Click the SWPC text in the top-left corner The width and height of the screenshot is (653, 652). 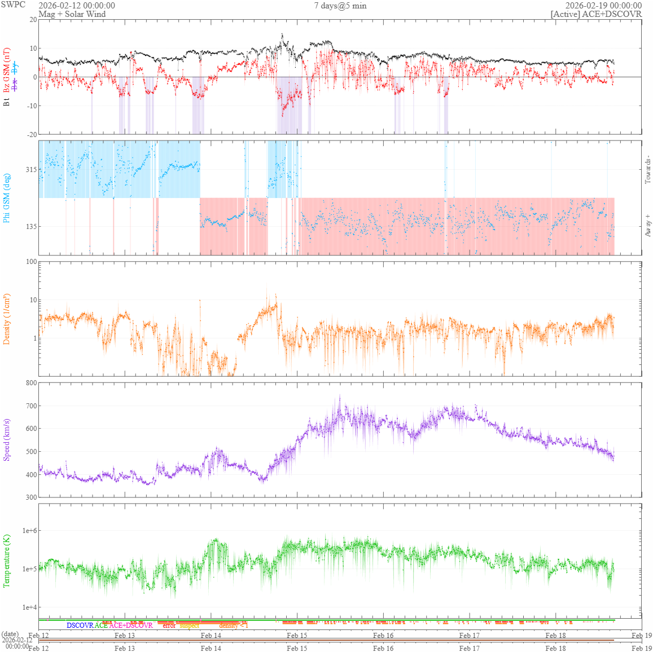point(14,5)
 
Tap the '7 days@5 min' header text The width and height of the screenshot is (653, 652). point(340,6)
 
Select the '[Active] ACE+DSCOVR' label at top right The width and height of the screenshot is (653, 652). point(596,14)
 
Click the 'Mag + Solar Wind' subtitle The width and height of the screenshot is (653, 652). point(72,14)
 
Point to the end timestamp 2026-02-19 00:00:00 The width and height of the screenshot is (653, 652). point(603,6)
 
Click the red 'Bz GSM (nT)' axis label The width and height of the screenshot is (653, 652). point(7,70)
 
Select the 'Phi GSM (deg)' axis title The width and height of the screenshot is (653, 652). point(7,197)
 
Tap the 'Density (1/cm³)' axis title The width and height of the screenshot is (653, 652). point(7,319)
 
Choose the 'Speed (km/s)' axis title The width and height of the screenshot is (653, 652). point(7,440)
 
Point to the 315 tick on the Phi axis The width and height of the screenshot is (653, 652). point(30,170)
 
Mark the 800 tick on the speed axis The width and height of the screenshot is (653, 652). point(30,383)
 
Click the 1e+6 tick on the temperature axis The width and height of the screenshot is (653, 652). point(29,531)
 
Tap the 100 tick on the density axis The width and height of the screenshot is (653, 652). point(30,262)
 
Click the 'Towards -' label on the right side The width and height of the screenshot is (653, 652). point(648,169)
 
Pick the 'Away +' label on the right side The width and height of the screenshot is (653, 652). point(648,225)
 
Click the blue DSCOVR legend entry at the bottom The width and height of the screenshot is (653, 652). point(80,625)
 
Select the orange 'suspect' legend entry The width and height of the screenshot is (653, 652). point(189,625)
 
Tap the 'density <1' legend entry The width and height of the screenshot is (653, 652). point(233,625)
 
